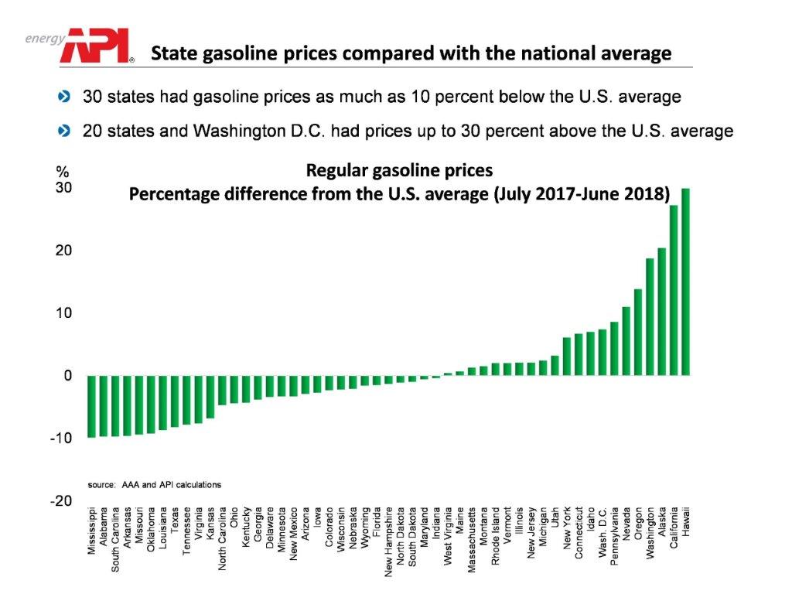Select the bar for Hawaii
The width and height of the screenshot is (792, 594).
pos(685,282)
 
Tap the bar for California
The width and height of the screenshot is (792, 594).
pos(674,290)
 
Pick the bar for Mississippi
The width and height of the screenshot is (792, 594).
pos(91,406)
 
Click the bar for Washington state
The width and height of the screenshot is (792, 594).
pos(650,316)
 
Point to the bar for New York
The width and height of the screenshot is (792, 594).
pos(567,356)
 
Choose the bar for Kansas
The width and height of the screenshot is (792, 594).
pos(210,397)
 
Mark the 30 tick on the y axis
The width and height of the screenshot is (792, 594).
pos(63,188)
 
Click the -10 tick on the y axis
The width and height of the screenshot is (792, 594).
pos(60,438)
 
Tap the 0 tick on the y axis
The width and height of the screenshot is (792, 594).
pos(67,376)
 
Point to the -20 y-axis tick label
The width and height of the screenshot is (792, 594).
pos(60,500)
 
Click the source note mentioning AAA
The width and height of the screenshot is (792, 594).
pos(155,484)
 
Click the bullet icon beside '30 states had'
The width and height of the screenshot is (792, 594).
pos(64,97)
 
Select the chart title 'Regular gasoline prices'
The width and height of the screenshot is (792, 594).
pos(399,170)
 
